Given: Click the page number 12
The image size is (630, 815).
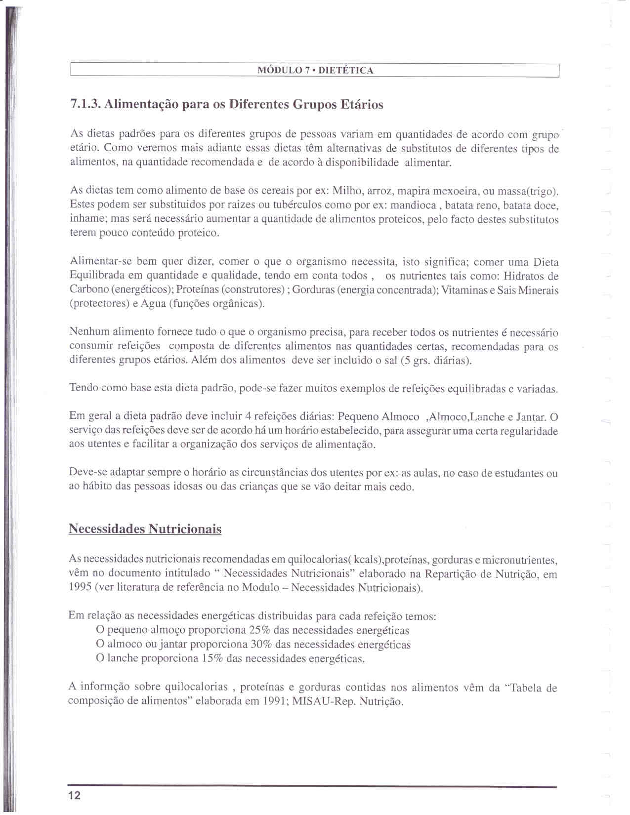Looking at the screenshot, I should pos(75,795).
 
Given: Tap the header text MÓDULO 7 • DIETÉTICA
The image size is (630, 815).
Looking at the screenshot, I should pos(315,71).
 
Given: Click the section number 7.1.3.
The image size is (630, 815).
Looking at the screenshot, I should pos(85,105).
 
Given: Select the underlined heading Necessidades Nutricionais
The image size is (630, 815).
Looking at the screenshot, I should pos(145,529).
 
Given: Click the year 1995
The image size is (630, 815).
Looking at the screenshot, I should pos(80,588).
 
